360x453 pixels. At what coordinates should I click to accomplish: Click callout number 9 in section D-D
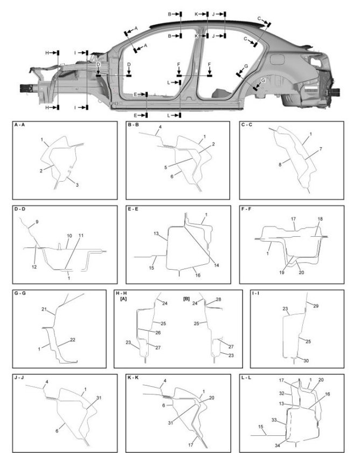coord(37,222)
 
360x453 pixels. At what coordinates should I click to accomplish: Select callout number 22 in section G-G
coord(73,340)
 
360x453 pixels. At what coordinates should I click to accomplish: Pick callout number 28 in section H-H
coord(218,299)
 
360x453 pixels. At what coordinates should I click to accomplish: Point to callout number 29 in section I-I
coord(316,306)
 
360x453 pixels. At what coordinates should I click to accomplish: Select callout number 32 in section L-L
coord(281,394)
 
